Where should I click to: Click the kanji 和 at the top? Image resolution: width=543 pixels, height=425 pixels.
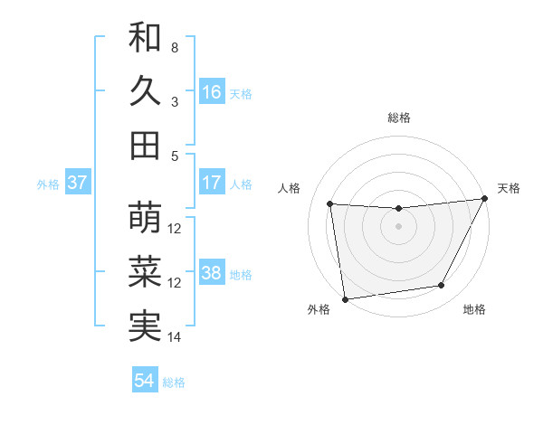pos(145,37)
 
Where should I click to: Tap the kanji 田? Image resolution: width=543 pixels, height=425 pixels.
pos(145,146)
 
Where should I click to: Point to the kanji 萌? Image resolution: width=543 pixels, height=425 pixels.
pos(145,218)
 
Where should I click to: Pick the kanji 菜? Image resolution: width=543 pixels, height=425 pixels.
pos(145,272)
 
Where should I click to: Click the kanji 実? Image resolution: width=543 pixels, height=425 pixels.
pos(145,326)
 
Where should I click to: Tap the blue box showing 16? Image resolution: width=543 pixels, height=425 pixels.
pos(212,91)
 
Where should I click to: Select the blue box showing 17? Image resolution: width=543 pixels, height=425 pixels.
pos(212,183)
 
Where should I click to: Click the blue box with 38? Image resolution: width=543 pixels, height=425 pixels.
pos(212,273)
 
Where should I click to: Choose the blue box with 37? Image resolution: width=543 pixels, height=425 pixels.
pos(78,183)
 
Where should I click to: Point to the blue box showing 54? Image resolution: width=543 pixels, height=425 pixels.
pos(145,381)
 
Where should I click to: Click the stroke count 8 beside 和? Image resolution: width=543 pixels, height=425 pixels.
pos(174,46)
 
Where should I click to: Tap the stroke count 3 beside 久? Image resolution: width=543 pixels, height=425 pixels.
pos(174,101)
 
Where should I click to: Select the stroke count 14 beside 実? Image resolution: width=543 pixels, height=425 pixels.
pos(175,337)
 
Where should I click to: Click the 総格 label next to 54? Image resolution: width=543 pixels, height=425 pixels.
pos(174,382)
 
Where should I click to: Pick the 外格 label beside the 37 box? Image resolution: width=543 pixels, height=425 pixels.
pos(48,184)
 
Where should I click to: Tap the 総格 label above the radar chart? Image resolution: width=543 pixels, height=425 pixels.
pos(398,118)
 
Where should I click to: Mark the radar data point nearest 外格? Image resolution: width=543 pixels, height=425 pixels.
pos(345,298)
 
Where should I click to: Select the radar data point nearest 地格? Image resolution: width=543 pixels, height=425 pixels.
pos(442,286)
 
